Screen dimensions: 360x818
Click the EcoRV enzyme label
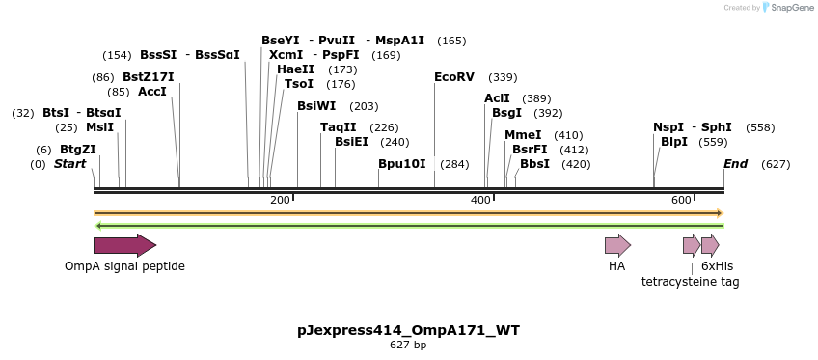[454, 77]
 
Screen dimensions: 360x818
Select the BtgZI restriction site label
[78, 150]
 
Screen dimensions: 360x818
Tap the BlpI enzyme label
[674, 142]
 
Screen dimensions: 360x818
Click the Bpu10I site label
[401, 164]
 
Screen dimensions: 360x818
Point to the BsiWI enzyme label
[316, 106]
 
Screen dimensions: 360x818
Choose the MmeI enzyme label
[523, 135]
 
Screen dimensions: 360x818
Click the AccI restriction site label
[152, 92]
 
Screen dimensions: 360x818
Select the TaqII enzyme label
[338, 127]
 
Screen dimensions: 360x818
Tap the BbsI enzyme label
[534, 164]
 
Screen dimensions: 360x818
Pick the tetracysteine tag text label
[691, 282]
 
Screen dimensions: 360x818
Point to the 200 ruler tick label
[280, 200]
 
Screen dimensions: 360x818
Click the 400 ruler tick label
[480, 200]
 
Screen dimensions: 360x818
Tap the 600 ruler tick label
[681, 200]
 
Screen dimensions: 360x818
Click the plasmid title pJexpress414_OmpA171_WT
[408, 330]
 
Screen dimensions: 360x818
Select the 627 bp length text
[408, 345]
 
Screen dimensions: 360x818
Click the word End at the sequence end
[735, 164]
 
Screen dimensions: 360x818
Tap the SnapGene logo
[788, 8]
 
